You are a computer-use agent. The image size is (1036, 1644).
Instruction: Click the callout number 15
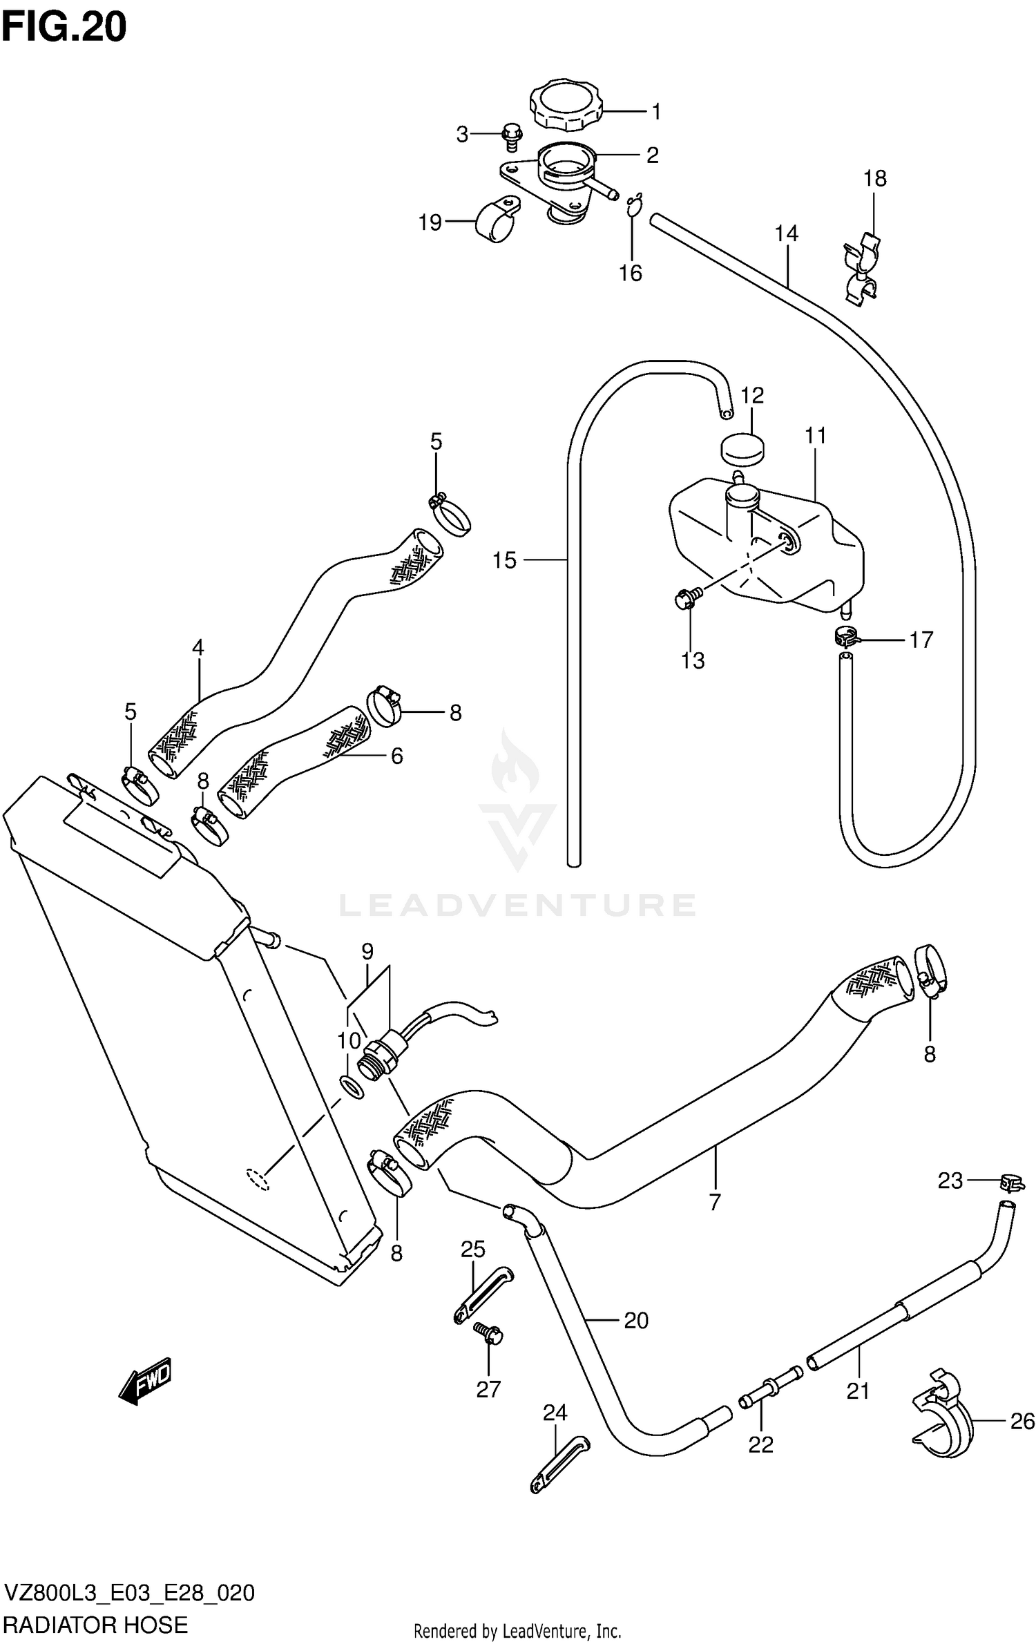504,560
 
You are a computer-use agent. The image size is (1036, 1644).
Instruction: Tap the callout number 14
786,234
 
